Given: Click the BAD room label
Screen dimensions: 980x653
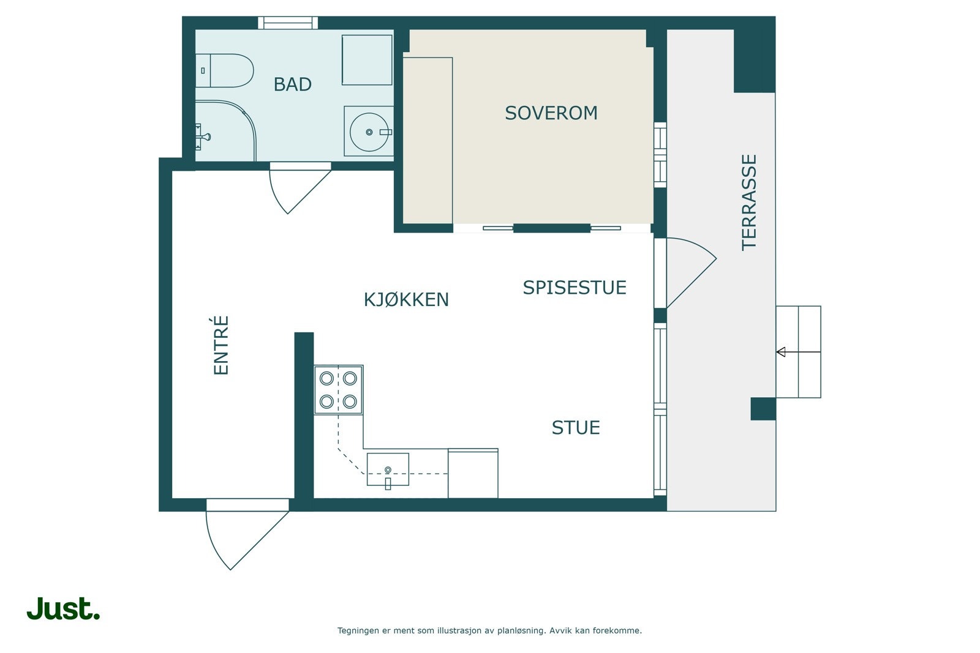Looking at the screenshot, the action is tap(292, 84).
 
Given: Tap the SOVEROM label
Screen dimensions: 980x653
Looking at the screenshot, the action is tap(551, 113).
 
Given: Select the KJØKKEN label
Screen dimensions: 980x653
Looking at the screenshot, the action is tap(407, 299).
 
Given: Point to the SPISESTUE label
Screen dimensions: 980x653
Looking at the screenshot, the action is tap(575, 287).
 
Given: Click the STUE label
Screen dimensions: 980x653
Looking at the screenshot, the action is tap(576, 427).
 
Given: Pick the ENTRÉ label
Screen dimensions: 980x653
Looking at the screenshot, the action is tap(221, 345).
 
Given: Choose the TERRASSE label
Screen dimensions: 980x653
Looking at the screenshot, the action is tap(749, 203).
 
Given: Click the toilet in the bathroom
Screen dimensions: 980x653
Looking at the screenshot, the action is tap(224, 70).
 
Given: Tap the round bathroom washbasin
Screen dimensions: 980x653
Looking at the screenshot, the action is tap(369, 132).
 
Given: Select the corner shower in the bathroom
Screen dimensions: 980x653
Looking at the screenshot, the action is tap(225, 131).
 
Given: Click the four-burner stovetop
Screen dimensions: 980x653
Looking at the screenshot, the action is tap(338, 390).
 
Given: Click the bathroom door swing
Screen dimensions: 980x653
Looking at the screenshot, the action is tap(300, 188).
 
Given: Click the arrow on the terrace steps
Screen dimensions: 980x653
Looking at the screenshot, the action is tap(799, 351).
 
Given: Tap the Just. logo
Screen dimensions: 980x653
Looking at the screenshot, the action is tap(64, 608).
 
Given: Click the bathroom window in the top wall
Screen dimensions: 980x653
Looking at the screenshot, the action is tap(288, 23).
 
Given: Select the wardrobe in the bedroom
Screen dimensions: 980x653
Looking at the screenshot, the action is tap(428, 140).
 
